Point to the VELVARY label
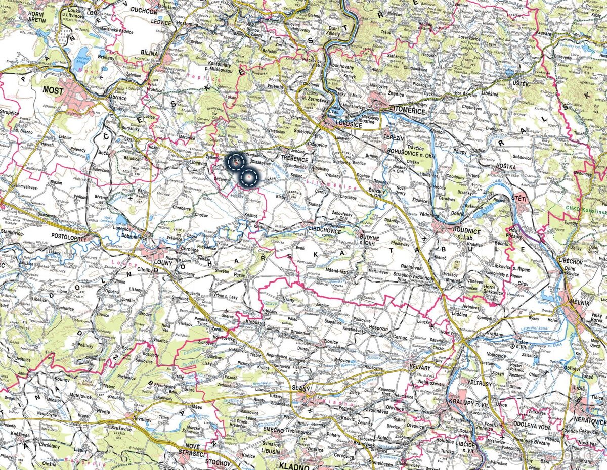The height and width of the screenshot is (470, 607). pos(421,368)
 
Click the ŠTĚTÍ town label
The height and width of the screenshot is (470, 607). pos(519,198)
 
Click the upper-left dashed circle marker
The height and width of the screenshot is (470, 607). pos(236,162)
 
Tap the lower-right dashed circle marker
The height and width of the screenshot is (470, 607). pos(249,178)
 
